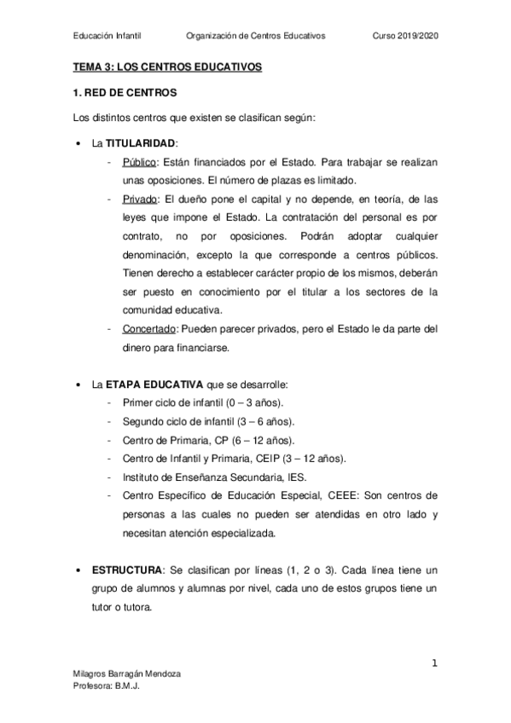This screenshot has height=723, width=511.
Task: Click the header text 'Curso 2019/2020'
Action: (407, 36)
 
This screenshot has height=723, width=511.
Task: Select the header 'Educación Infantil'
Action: (107, 36)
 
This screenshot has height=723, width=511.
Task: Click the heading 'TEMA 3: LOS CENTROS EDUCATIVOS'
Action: (168, 66)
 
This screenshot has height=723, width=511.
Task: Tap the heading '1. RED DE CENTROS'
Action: (125, 91)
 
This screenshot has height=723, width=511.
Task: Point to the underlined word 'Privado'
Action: (140, 200)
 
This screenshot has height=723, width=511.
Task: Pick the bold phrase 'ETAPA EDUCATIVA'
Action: (153, 383)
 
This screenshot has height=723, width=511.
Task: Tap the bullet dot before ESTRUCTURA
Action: (79, 569)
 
